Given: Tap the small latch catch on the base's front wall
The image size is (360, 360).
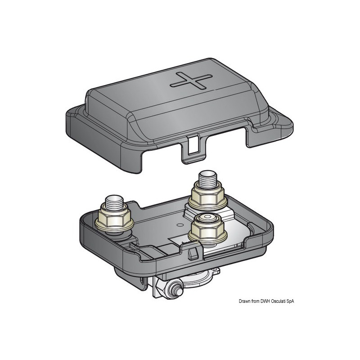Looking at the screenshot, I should [x=193, y=254].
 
